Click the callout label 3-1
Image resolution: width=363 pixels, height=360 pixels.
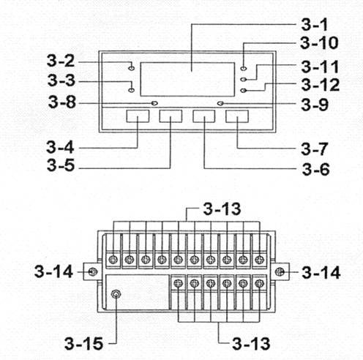[x=314, y=25]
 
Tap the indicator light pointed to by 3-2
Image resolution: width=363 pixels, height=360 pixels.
[x=131, y=68]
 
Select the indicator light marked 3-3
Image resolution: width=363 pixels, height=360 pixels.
[x=131, y=90]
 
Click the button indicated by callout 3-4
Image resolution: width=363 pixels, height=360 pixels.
[x=138, y=116]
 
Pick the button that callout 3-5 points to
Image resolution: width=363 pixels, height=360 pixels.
[x=171, y=116]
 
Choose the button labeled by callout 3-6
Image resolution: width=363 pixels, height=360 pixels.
[x=204, y=116]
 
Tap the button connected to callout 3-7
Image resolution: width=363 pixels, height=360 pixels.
[x=237, y=116]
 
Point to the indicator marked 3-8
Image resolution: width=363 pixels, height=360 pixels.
[x=154, y=103]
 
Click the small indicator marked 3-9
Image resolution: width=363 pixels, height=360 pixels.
[x=220, y=103]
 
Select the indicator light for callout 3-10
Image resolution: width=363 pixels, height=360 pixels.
[x=244, y=68]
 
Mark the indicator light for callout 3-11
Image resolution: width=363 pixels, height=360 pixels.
[x=244, y=79]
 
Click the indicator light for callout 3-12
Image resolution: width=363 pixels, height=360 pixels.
[x=244, y=91]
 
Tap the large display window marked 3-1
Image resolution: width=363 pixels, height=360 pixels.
[x=187, y=79]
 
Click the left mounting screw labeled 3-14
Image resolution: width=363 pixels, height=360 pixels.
[x=93, y=271]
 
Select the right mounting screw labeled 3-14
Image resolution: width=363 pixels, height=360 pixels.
[x=280, y=271]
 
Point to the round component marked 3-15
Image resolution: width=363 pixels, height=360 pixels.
[x=116, y=294]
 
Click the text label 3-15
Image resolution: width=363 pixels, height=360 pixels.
[x=83, y=344]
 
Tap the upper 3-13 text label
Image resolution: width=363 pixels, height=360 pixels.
[x=222, y=209]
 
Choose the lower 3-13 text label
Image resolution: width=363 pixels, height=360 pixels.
[x=251, y=344]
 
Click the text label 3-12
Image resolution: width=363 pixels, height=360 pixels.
[x=321, y=85]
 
